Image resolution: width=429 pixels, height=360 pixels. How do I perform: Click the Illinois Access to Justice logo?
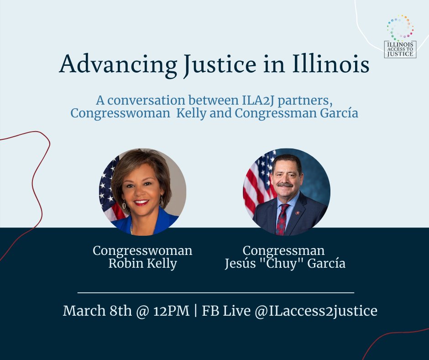pyautogui.click(x=400, y=37)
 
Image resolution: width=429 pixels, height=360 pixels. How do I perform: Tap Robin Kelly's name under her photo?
pyautogui.click(x=142, y=264)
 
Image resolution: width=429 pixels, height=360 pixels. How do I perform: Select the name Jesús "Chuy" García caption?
pyautogui.click(x=285, y=264)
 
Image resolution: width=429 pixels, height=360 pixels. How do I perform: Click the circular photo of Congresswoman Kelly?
pyautogui.click(x=142, y=191)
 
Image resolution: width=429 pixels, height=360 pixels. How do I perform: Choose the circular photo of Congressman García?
pyautogui.click(x=286, y=191)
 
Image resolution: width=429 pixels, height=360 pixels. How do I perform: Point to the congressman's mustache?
pyautogui.click(x=285, y=185)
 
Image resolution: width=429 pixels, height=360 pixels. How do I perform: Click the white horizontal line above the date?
pyautogui.click(x=216, y=292)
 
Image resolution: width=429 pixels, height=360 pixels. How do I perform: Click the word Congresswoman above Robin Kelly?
pyautogui.click(x=142, y=251)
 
